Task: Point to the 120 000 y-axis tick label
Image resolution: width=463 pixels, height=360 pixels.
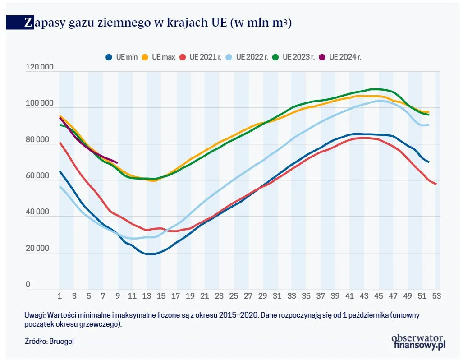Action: point(40,68)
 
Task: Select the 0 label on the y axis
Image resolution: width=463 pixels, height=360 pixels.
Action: point(28,285)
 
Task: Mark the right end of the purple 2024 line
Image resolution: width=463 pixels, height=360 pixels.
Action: point(117,162)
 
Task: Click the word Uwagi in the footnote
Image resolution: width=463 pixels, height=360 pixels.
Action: point(35,315)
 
